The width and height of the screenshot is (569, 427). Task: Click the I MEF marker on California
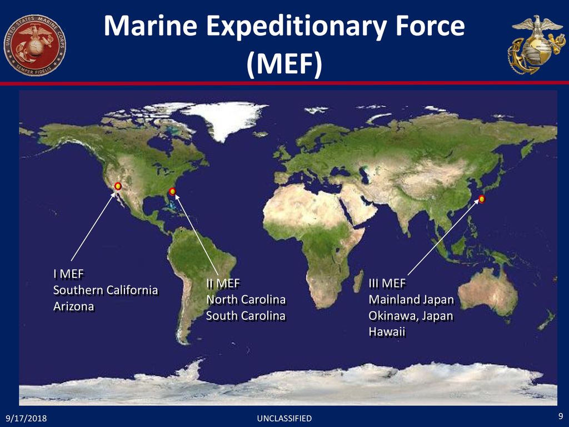118,186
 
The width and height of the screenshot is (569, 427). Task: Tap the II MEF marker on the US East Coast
172,191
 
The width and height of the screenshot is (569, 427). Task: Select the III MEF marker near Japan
482,199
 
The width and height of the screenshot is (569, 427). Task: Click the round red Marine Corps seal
35,46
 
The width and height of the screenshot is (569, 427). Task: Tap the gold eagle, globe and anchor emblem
536,44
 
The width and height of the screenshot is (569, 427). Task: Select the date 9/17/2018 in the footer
26,418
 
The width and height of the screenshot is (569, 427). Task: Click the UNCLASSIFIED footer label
284,419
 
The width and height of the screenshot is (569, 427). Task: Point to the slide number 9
561,416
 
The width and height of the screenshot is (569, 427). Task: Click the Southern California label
106,290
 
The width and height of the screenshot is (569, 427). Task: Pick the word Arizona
74,306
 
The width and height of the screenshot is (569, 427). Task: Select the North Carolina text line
246,300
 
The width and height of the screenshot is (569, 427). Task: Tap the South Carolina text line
246,316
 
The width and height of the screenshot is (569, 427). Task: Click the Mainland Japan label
412,300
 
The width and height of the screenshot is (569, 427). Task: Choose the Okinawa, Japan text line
411,316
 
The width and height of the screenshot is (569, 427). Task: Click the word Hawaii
387,332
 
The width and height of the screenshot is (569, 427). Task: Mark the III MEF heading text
387,283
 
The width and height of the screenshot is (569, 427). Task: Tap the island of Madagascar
358,281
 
